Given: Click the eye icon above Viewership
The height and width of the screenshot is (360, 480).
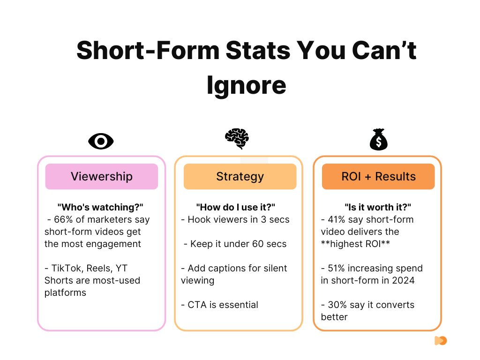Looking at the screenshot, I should pyautogui.click(x=101, y=141).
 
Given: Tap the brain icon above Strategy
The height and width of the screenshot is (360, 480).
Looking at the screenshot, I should pyautogui.click(x=237, y=139).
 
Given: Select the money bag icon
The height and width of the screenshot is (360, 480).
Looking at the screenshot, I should pyautogui.click(x=378, y=140).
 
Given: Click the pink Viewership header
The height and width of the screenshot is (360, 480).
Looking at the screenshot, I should pyautogui.click(x=101, y=176).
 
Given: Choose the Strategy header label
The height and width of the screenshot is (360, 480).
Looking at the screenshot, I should pyautogui.click(x=240, y=176).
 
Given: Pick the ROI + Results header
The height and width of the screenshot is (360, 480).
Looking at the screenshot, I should pyautogui.click(x=378, y=176).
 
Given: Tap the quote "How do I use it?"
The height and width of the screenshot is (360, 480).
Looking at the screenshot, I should pyautogui.click(x=235, y=207).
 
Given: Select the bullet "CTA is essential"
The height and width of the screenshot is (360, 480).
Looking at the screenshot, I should pyautogui.click(x=219, y=305).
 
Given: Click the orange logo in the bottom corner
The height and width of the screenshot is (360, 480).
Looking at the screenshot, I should pyautogui.click(x=441, y=341).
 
